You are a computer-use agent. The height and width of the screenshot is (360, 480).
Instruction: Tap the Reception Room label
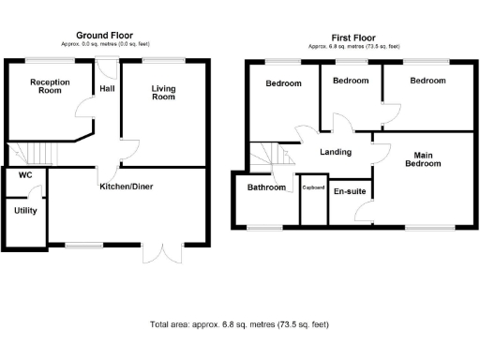coord(50,86)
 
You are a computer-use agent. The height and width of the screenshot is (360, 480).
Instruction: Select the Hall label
coord(107,90)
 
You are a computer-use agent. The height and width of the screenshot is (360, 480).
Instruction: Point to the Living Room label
coord(164,92)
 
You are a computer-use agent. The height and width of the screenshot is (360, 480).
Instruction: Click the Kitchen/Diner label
coord(127,187)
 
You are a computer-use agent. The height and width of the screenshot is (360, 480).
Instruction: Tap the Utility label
coord(25,210)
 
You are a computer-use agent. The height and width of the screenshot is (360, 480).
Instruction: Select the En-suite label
coord(351,190)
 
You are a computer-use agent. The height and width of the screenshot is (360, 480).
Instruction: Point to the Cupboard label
coord(312,187)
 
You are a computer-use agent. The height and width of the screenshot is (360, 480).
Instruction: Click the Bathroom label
coord(266,187)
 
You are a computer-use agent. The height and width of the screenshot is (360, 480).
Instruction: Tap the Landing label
coord(335,152)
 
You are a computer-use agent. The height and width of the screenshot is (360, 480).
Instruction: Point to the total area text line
coord(239,324)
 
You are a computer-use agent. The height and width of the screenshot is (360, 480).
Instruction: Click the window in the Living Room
coord(164,60)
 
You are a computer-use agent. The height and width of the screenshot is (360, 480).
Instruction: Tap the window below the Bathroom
coord(265,228)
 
